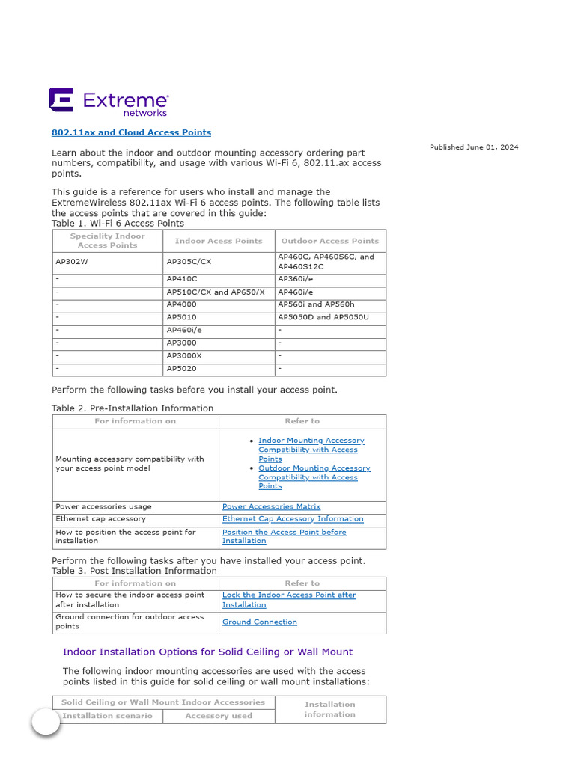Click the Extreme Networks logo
point(109,102)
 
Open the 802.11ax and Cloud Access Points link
point(131,132)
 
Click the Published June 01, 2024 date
point(473,147)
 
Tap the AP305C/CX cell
point(189,262)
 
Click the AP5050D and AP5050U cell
point(323,317)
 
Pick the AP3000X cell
point(184,355)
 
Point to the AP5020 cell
point(181,368)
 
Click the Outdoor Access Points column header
point(329,241)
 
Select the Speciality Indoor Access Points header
point(108,241)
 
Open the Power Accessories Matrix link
point(271,506)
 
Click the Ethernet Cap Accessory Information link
point(293,518)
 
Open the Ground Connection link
point(260,622)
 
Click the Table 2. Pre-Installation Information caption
point(133,408)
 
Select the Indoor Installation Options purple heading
point(207,652)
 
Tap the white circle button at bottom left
point(46,722)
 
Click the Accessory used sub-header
point(219,716)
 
